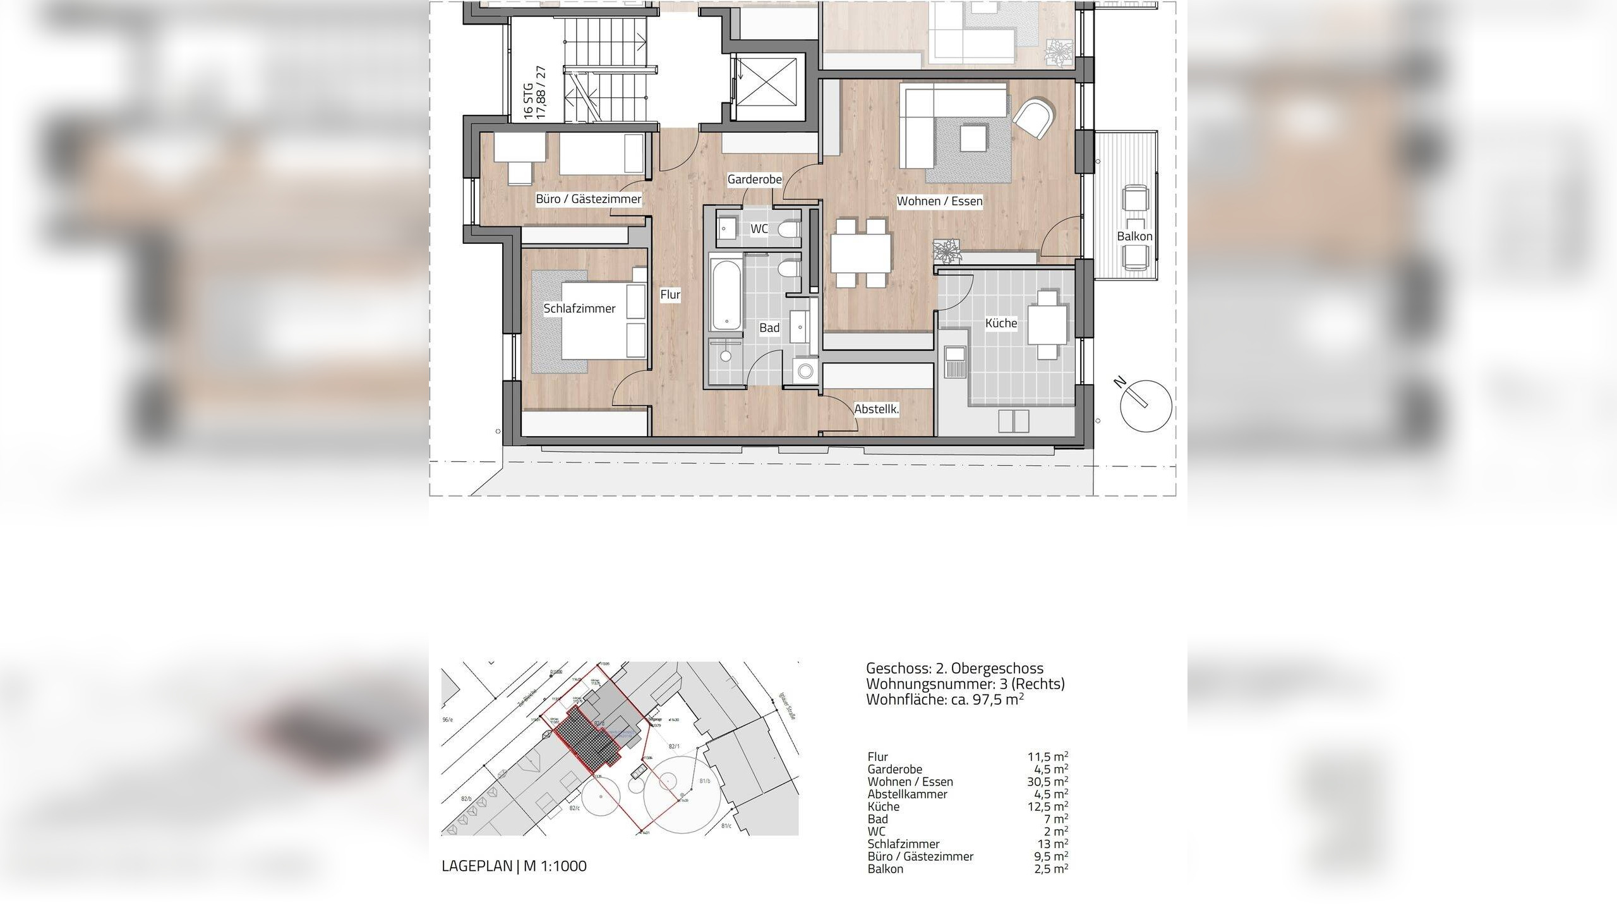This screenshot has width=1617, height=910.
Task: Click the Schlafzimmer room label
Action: click(x=579, y=308)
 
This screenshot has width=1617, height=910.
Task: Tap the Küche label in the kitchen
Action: click(x=1001, y=323)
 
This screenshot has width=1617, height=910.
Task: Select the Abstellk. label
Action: click(x=876, y=409)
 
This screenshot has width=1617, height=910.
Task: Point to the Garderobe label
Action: click(x=754, y=179)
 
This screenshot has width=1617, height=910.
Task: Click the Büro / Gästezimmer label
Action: click(x=588, y=199)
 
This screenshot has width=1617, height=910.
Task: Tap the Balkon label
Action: click(x=1134, y=236)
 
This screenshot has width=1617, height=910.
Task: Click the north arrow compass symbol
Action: click(x=1146, y=406)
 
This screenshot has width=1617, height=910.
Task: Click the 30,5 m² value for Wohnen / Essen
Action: click(x=1047, y=782)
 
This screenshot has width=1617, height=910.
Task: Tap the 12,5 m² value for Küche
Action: click(x=1047, y=806)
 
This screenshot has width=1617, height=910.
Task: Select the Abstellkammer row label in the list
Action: click(x=907, y=794)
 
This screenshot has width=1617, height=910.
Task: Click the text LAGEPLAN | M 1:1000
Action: click(x=514, y=866)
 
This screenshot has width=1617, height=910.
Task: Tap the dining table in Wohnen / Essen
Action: click(x=861, y=253)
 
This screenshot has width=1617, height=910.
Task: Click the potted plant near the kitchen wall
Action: click(x=947, y=251)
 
